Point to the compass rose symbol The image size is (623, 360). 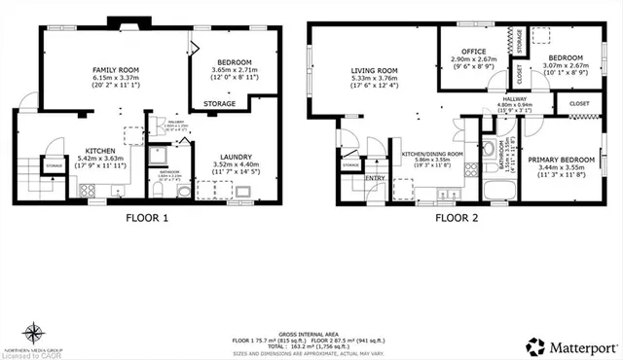pos(34,331)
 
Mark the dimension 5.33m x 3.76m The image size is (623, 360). pos(374,80)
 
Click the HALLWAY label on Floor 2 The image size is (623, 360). pos(515,99)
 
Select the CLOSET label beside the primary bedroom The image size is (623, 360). pos(578,102)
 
